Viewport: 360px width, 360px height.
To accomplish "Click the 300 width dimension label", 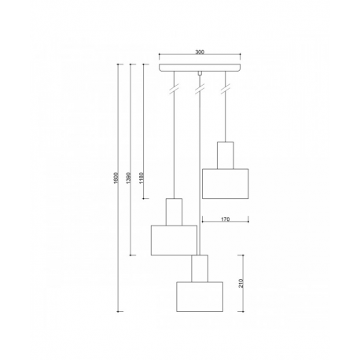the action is point(200,52).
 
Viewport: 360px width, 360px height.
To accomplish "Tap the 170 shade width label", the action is point(226,219).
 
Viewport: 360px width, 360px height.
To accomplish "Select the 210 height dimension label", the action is point(241,283).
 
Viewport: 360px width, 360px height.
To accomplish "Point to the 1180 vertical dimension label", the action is point(141,178).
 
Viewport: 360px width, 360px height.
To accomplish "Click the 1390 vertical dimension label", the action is point(128,178).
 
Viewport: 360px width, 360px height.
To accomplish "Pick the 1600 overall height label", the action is point(116,178).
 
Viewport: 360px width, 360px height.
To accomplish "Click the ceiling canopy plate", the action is point(200,68).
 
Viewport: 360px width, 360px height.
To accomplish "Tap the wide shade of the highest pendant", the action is point(226,184).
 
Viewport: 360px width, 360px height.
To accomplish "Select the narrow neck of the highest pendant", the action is point(226,156).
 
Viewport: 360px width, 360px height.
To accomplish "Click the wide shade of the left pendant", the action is point(174,240).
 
